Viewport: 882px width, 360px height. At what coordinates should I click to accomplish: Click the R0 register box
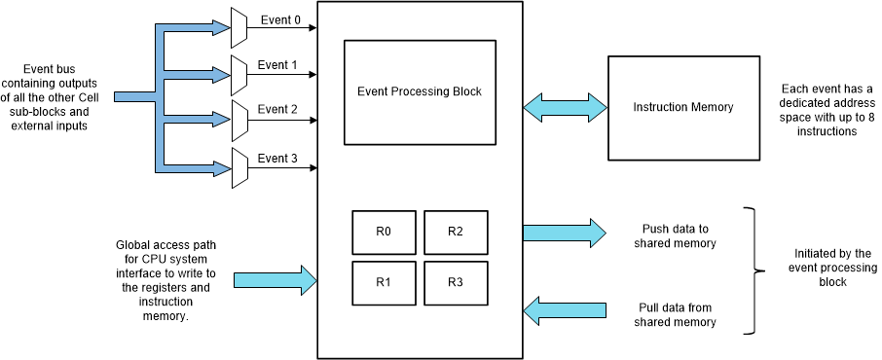[385, 232]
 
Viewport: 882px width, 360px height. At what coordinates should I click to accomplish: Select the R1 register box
[385, 282]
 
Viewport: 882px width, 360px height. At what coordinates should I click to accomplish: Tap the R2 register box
[456, 232]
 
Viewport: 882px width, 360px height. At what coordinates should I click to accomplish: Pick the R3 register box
[456, 282]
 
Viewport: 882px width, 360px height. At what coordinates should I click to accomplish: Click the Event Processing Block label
[420, 92]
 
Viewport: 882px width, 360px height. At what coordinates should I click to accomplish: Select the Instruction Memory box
[682, 107]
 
